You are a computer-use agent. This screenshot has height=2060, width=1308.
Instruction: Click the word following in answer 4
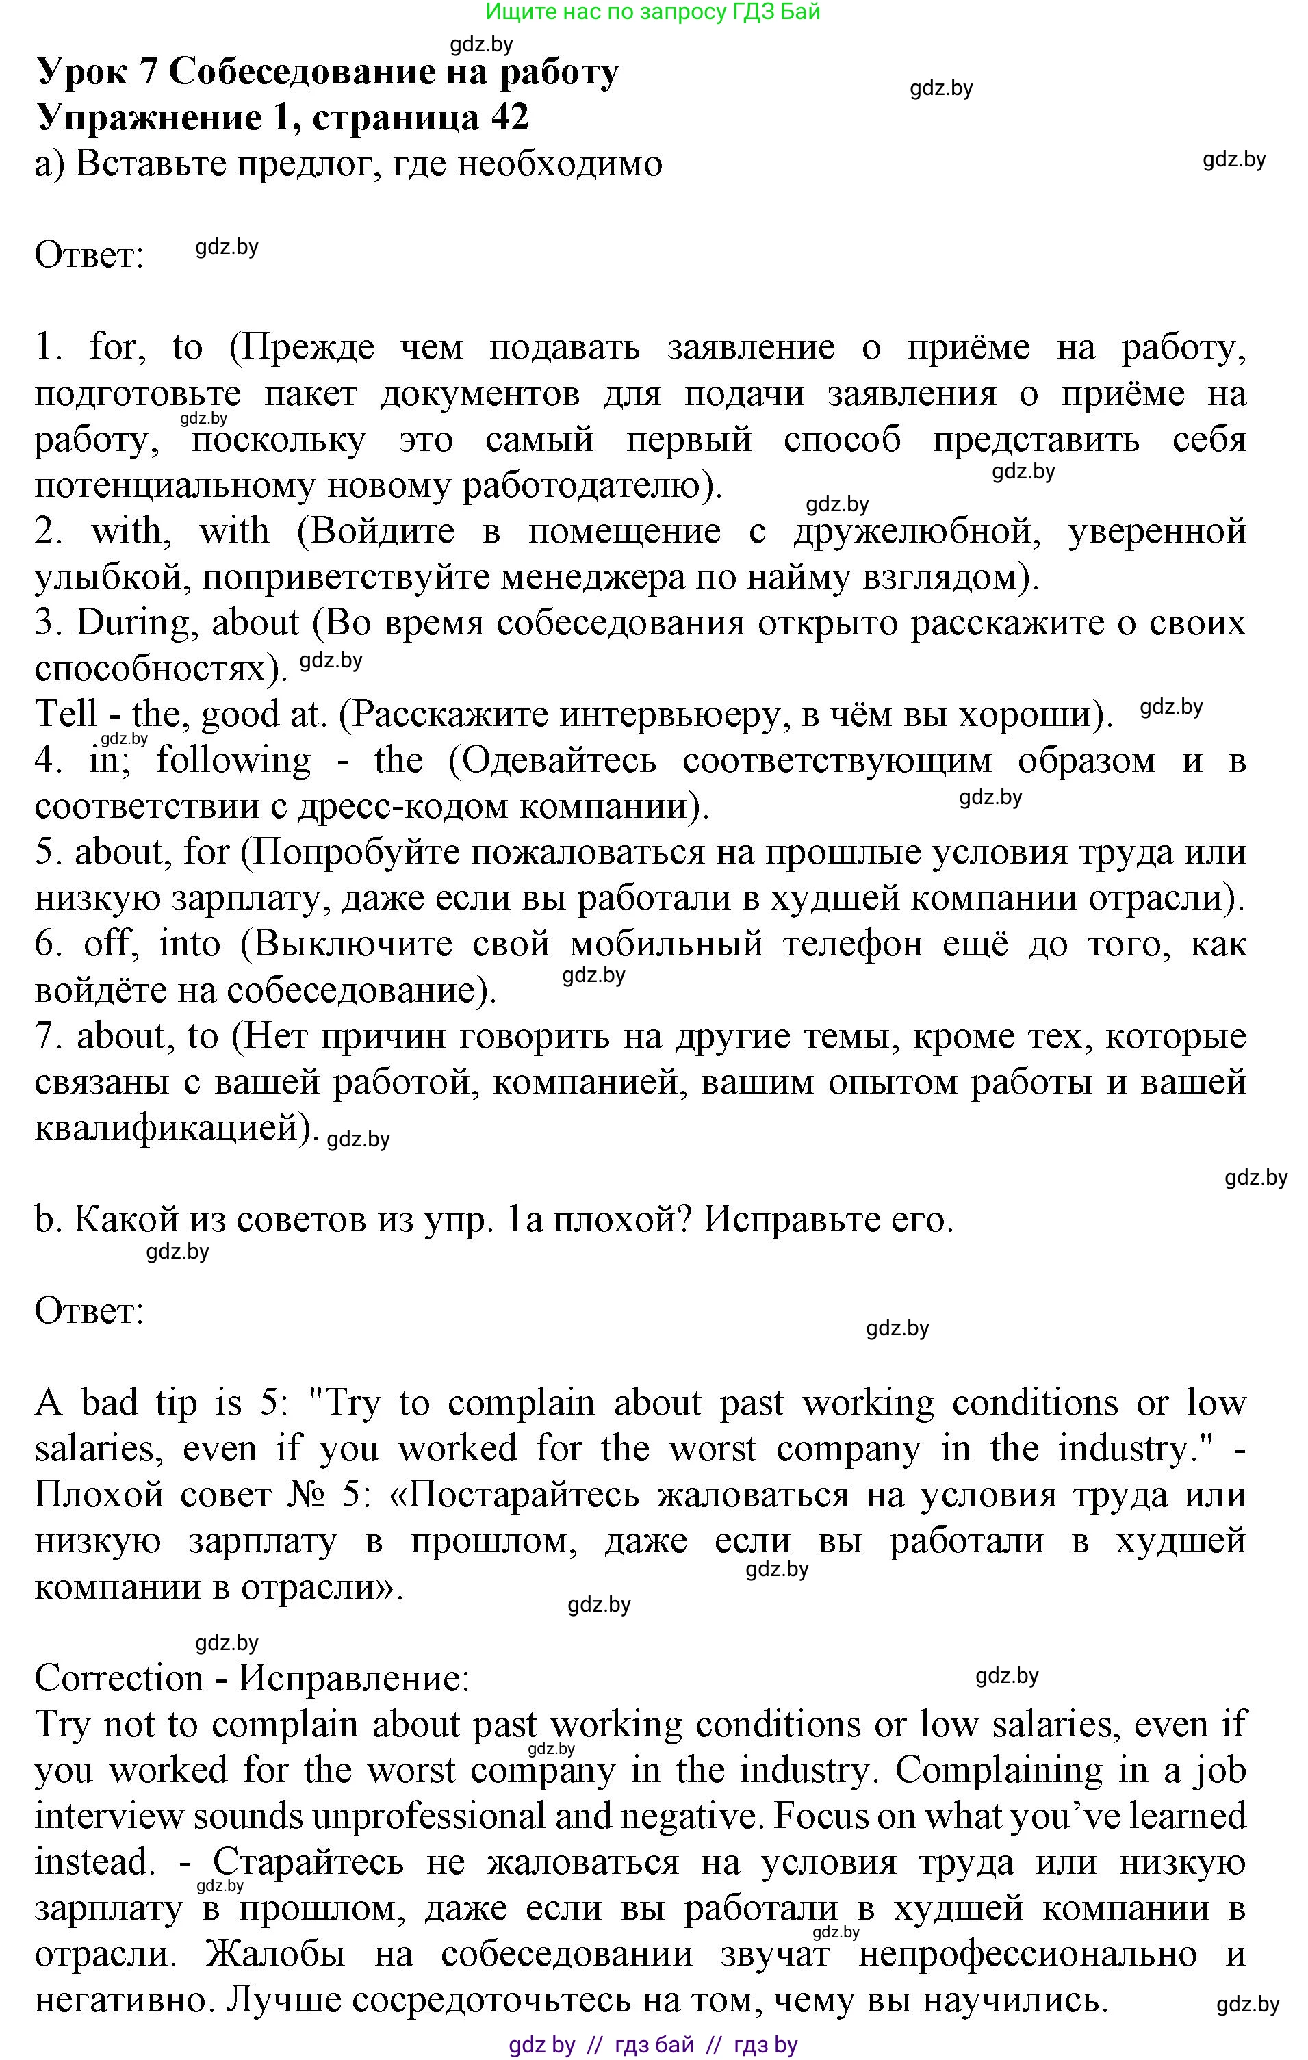(233, 760)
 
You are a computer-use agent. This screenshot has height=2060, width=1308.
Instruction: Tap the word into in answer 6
(190, 944)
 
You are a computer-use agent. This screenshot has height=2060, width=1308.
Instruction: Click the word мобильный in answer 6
(665, 944)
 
